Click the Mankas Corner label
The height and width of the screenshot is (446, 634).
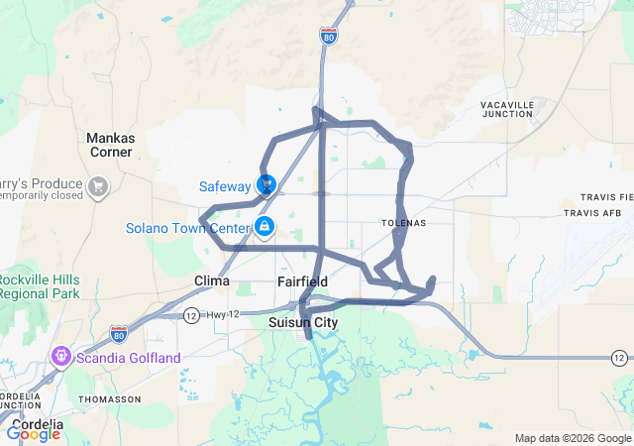(109, 145)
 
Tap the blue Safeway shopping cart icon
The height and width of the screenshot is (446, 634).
(265, 184)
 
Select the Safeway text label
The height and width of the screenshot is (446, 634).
(225, 185)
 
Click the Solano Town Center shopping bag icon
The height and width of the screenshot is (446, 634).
(264, 227)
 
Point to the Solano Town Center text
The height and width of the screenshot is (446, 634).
(186, 228)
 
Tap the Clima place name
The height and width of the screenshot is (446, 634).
(212, 280)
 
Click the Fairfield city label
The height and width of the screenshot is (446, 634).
(302, 281)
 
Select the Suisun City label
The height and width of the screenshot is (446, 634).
(303, 323)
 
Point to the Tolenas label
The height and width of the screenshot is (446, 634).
(404, 223)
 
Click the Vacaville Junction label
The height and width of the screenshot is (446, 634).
(507, 109)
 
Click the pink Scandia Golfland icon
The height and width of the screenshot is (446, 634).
(60, 356)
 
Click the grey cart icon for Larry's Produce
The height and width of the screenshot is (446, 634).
(98, 185)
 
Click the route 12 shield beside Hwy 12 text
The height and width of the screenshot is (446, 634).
(190, 315)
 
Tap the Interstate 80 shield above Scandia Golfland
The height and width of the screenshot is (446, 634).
(118, 332)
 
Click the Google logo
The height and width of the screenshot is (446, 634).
(34, 432)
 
